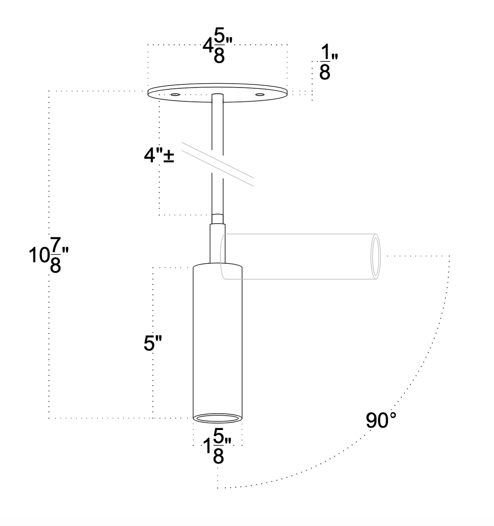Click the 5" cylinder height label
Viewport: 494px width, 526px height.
tap(153, 343)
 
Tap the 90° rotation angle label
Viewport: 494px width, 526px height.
tap(381, 421)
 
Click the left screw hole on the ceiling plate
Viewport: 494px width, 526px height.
tap(175, 95)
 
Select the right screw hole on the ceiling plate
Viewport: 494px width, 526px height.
tap(260, 95)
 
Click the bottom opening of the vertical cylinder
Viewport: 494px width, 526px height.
tap(217, 418)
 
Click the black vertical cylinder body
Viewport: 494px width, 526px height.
tap(217, 338)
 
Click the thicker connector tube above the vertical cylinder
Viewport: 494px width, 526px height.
tap(217, 243)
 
